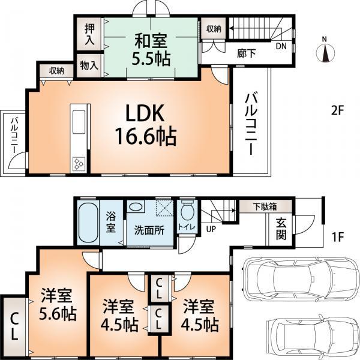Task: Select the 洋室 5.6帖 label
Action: pyautogui.click(x=58, y=304)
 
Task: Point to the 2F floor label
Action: pyautogui.click(x=337, y=110)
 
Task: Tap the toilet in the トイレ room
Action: pyautogui.click(x=187, y=211)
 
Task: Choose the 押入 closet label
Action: pyautogui.click(x=89, y=34)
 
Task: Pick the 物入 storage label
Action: pyautogui.click(x=89, y=65)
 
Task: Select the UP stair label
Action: pyautogui.click(x=211, y=229)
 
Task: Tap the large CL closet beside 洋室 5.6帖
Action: pyautogui.click(x=13, y=327)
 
